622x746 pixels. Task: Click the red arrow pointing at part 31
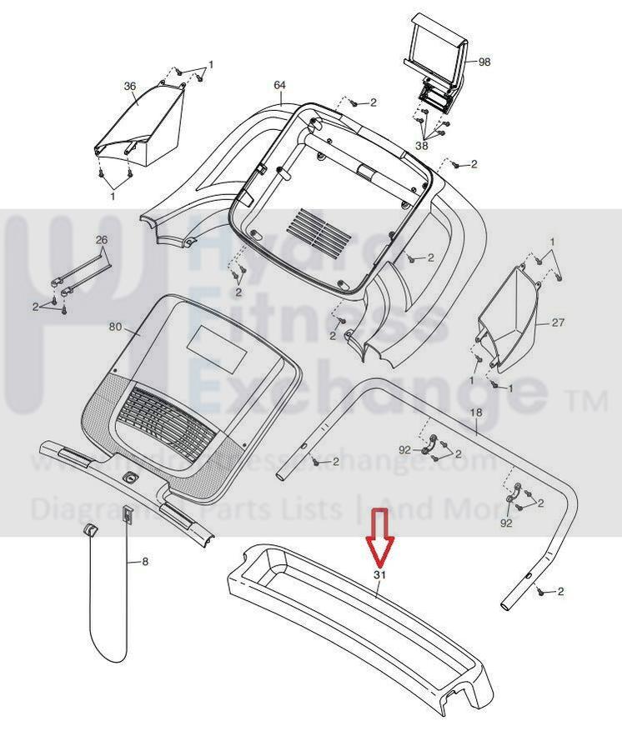[x=380, y=538]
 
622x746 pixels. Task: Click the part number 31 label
[x=380, y=575]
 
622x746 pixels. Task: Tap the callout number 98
[x=484, y=63]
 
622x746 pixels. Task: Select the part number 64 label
[x=279, y=85]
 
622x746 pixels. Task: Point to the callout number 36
[x=129, y=85]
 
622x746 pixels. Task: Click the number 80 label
[x=116, y=327]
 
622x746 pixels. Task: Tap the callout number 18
[x=476, y=413]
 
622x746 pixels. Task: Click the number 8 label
[x=145, y=562]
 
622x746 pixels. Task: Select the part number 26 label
[x=102, y=240]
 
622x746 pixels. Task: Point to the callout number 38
[x=422, y=146]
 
